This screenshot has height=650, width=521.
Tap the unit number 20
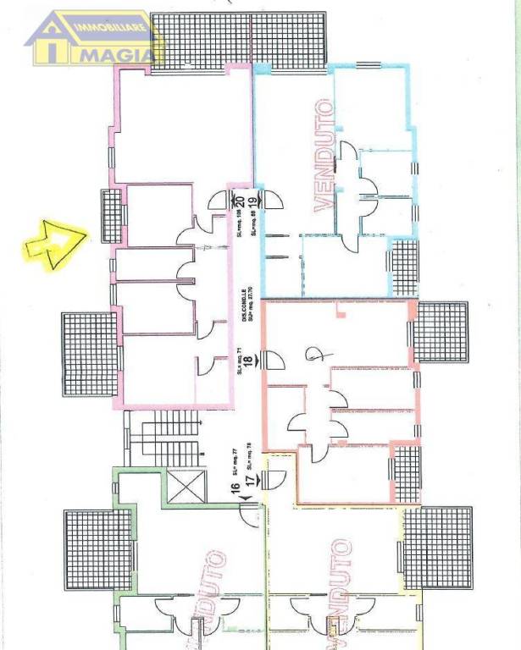[239, 202]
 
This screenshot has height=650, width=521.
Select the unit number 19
[251, 202]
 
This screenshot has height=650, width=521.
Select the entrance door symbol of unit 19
[273, 199]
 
